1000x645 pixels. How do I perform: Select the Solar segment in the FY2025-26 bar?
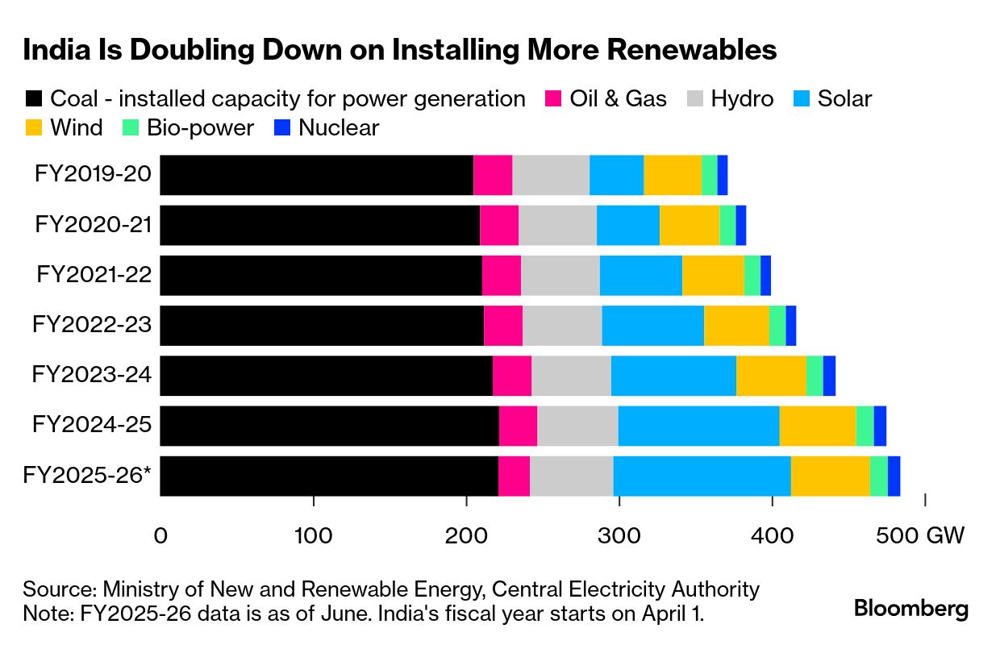point(702,476)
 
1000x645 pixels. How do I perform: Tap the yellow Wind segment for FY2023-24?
point(771,376)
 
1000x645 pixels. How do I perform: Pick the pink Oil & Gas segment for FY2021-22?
point(502,276)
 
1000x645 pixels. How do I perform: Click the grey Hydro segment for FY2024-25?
point(577,426)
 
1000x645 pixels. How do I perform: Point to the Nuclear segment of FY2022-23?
point(791,326)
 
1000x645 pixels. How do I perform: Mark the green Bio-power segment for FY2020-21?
point(727,225)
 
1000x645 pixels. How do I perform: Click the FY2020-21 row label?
point(93,225)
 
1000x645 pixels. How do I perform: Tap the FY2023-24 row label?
point(91,376)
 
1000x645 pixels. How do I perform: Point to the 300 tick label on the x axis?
point(619,536)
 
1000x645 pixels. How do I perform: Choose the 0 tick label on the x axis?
point(160,536)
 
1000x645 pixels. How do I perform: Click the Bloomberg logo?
point(911,609)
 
